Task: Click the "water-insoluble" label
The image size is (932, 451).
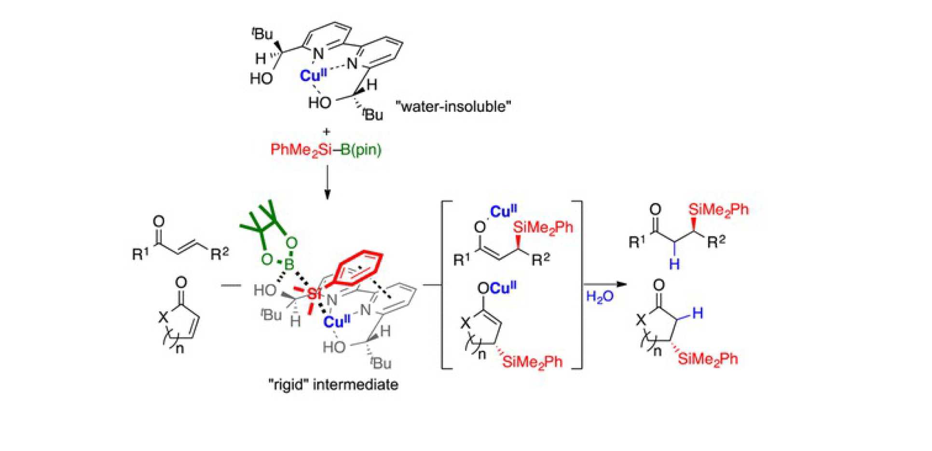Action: pos(453,106)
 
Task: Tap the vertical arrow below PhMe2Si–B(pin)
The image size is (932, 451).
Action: pos(328,182)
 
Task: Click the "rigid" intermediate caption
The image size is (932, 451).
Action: pos(333,385)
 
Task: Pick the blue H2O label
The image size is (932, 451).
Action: pos(600,296)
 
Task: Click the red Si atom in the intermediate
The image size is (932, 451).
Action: pos(314,293)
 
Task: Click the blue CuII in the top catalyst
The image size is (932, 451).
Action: pos(313,75)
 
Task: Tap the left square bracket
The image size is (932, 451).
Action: pos(444,285)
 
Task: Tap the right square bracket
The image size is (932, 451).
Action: pos(579,285)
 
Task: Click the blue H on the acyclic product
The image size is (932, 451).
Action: pos(674,264)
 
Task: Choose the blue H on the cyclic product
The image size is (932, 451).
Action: pos(698,314)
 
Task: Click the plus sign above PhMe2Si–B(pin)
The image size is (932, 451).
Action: pos(327,131)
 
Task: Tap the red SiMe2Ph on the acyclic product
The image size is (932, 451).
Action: pos(718,210)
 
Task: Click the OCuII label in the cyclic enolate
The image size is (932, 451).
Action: pos(496,288)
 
